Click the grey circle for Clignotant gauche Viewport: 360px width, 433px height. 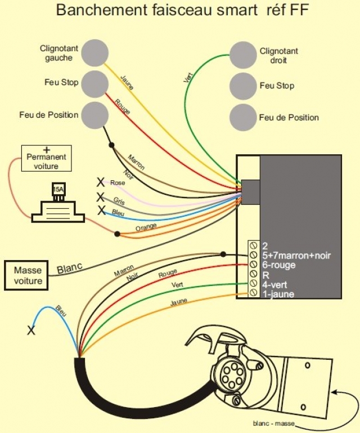click(94, 53)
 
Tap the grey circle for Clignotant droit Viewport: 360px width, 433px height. click(243, 55)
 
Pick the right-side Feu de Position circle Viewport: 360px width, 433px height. click(243, 117)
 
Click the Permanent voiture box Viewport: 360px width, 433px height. click(46, 159)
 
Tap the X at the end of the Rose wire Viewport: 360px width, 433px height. click(101, 182)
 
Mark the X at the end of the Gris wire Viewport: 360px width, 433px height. click(101, 197)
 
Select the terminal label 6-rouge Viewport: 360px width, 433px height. click(279, 265)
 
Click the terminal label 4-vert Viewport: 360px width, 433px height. click(275, 284)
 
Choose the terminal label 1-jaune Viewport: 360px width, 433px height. click(278, 294)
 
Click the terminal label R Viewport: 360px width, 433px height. click(265, 275)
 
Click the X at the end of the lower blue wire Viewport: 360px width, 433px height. click(31, 331)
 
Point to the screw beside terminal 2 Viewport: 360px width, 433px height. click(253, 245)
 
